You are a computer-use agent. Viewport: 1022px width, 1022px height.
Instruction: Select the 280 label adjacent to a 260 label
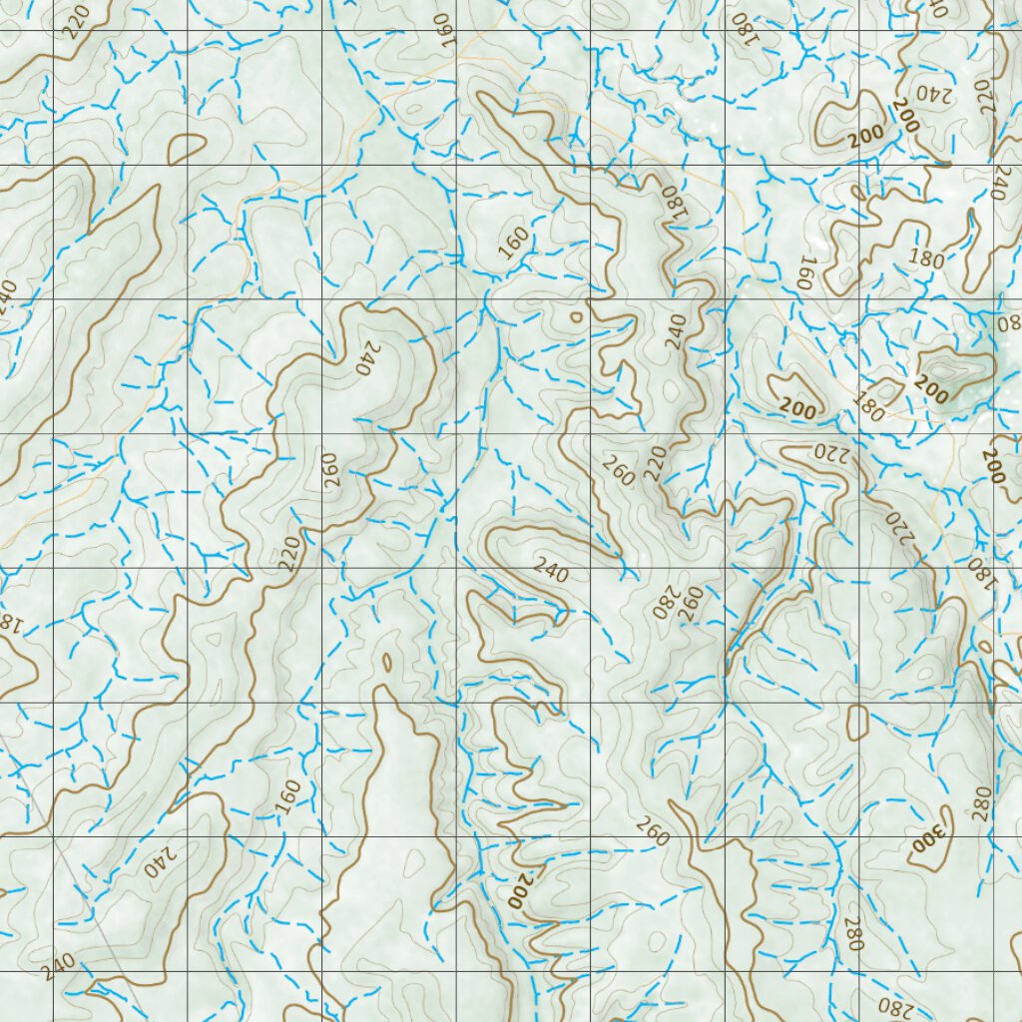(x=665, y=603)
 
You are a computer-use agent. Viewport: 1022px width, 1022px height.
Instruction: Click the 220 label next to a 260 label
(x=655, y=463)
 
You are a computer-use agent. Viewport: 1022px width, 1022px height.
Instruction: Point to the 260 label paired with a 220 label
(x=619, y=470)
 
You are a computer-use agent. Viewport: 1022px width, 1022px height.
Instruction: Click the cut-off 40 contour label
(x=936, y=8)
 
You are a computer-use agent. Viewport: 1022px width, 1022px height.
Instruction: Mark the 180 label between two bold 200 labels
(x=867, y=404)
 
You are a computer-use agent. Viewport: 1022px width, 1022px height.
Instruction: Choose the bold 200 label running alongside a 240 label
(x=906, y=116)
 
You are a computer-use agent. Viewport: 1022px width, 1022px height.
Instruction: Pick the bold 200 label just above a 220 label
(x=798, y=408)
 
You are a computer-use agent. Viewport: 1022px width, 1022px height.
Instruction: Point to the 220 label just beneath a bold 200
(x=827, y=451)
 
